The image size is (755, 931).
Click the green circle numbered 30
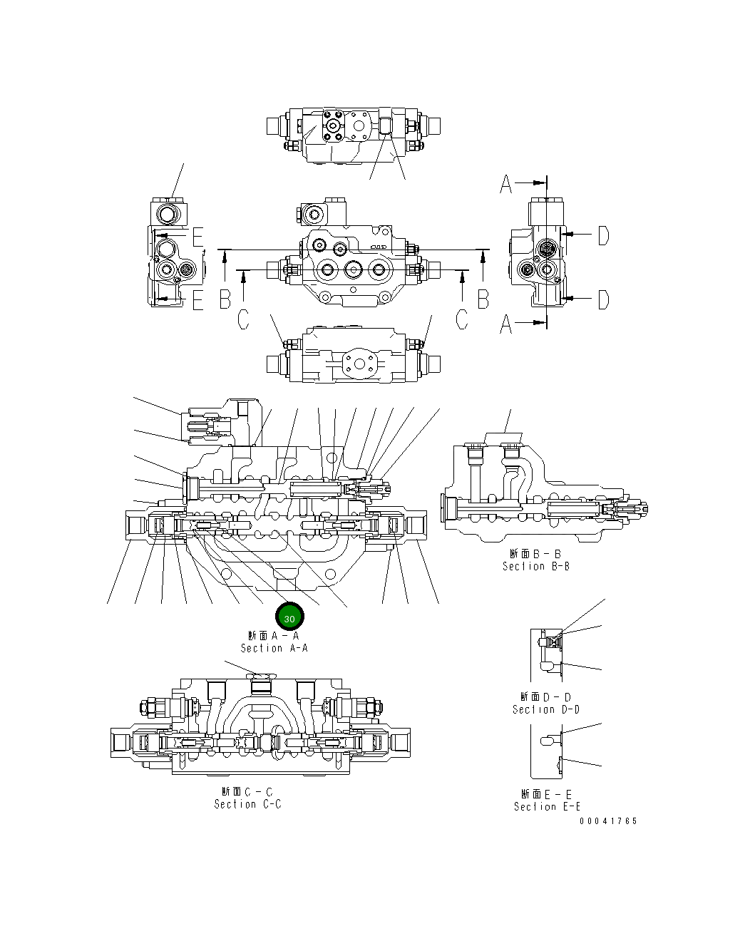click(x=289, y=618)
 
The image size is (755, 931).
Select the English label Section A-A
click(x=274, y=648)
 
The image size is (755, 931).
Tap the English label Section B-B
click(x=535, y=566)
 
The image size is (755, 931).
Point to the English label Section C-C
click(x=247, y=804)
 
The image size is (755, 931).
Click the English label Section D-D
click(x=545, y=709)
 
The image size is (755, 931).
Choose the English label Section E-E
click(x=547, y=806)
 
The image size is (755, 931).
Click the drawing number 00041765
click(x=608, y=821)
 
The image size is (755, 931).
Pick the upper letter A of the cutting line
click(x=505, y=185)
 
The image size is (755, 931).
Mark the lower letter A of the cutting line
click(x=505, y=324)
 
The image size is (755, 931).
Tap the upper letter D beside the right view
click(x=603, y=235)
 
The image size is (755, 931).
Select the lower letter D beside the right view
click(x=603, y=299)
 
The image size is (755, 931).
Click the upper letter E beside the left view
click(x=197, y=237)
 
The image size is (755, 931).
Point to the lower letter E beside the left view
click(x=197, y=302)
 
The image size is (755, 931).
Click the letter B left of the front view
click(x=225, y=299)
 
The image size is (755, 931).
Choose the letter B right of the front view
click(x=483, y=299)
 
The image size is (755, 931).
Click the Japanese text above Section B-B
click(x=535, y=553)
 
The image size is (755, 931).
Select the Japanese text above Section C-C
click(x=247, y=791)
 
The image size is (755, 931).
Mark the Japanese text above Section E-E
click(x=547, y=793)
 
